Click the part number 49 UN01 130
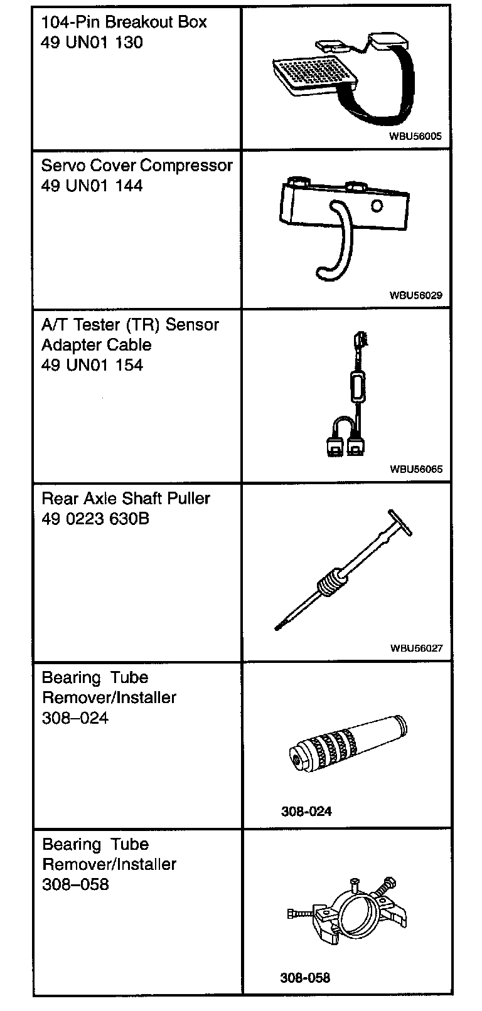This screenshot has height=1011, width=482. (x=92, y=43)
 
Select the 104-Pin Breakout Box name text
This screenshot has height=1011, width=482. (x=124, y=23)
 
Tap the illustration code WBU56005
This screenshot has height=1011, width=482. (x=419, y=135)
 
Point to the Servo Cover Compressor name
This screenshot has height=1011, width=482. (x=136, y=166)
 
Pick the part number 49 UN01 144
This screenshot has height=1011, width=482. (x=92, y=186)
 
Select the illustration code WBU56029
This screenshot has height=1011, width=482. (x=419, y=294)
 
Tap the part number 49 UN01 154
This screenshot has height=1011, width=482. (x=92, y=365)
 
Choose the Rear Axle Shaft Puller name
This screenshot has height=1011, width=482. (x=126, y=499)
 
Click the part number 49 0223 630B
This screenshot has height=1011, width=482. (x=95, y=519)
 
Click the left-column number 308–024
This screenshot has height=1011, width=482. (x=75, y=717)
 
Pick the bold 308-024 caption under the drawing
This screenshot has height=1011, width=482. (x=306, y=811)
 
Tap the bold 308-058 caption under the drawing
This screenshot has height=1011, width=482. (x=305, y=977)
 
